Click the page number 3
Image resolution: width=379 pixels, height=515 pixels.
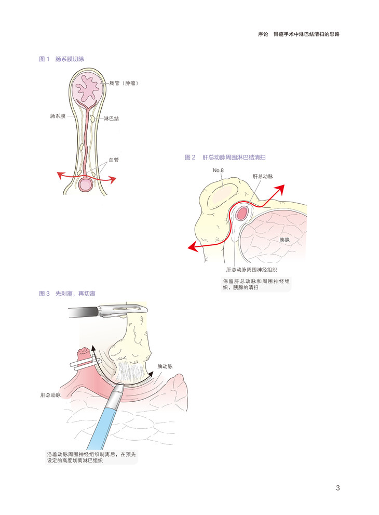337,487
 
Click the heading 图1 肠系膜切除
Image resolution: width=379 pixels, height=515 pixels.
62,59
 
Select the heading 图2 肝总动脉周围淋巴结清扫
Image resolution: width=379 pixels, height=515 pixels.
228,157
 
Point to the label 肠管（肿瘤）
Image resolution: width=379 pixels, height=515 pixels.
123,83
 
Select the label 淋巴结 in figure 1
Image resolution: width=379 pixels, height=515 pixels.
112,118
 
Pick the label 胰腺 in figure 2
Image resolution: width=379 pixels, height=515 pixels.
285,240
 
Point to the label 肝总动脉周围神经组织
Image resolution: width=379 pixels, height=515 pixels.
251,270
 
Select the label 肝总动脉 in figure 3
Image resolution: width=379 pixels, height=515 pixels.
50,395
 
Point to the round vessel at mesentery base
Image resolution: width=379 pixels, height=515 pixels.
86,184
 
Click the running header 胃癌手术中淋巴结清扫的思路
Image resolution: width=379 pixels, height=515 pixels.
310,34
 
